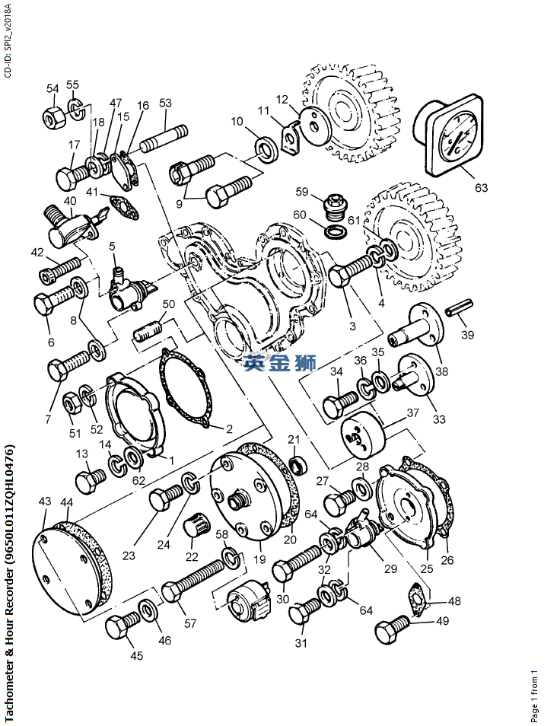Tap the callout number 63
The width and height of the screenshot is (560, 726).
point(482,187)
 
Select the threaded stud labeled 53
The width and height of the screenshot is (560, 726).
point(164,137)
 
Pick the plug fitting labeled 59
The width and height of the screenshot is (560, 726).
point(333,207)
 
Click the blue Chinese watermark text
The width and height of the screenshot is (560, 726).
point(281,363)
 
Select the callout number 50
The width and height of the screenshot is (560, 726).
point(168,304)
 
